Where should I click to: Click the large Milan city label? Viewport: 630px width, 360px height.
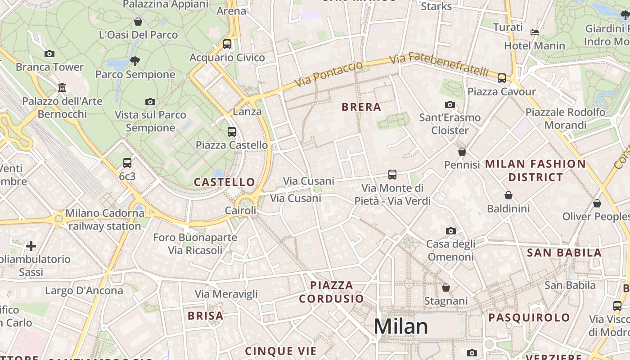coord(400,326)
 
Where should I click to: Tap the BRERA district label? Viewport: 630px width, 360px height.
coord(361,107)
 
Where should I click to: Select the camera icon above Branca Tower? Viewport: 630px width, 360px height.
coord(49,54)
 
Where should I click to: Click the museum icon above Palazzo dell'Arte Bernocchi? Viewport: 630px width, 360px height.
coord(62,87)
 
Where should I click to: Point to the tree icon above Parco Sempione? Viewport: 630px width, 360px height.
coord(135,61)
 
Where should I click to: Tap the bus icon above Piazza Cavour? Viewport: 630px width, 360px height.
coord(502,78)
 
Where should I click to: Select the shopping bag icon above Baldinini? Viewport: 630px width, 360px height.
coord(508,195)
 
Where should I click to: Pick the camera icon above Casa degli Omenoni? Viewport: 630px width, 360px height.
coord(450,231)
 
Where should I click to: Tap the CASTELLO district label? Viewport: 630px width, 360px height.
coord(225,182)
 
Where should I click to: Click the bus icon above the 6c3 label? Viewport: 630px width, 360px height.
coord(127,163)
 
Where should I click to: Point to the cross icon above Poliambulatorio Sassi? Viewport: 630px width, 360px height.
coord(31,246)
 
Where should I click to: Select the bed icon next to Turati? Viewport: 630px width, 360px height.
coord(535,32)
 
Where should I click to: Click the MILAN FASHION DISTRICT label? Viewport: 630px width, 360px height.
coord(535,170)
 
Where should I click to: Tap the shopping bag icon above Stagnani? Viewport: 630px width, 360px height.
coord(446,287)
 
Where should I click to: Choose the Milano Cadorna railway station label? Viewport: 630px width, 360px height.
coord(105,219)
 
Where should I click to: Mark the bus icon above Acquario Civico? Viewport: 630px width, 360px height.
coord(227,44)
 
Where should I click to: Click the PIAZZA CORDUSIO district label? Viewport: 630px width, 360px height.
coord(332,292)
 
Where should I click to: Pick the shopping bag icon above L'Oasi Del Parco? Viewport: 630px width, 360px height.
coord(138,22)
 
